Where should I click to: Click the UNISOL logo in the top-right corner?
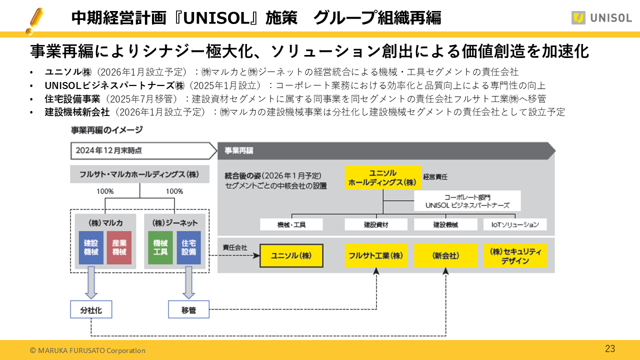pos(601,17)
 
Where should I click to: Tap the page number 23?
pos(610,349)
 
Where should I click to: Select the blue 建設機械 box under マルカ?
pos(91,247)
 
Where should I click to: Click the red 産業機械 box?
pos(119,247)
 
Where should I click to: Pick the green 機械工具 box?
pos(160,247)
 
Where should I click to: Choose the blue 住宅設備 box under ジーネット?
pos(188,247)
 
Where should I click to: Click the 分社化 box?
pos(91,310)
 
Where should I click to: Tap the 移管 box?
pos(188,310)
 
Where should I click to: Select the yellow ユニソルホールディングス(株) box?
pos(383,177)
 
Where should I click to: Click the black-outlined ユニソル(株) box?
pos(291,255)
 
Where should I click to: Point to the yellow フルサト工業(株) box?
pos(376,255)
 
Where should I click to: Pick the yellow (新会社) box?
pos(445,255)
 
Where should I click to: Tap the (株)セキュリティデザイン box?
pos(515,255)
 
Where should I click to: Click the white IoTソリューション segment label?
pos(515,224)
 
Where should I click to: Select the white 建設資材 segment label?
pos(376,224)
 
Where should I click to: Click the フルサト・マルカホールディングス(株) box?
pos(139,174)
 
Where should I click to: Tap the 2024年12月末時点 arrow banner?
pos(140,150)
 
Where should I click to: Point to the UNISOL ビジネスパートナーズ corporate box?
pos(467,201)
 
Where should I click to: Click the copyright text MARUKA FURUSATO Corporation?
pos(87,350)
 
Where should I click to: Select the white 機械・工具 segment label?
pos(291,224)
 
